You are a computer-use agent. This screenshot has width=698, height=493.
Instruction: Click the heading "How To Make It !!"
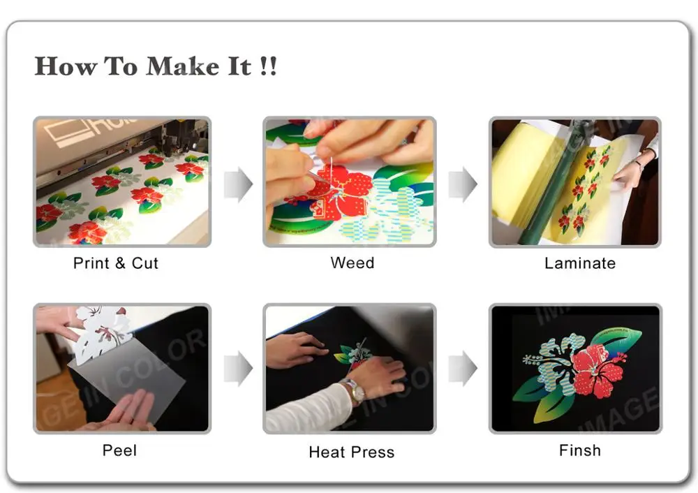(156, 66)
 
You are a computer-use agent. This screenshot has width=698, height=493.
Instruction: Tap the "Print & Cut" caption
(116, 263)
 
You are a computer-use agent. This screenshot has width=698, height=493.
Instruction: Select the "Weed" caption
(352, 263)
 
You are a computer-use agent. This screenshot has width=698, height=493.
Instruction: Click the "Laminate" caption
(579, 263)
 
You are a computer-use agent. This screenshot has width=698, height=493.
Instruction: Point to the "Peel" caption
(119, 450)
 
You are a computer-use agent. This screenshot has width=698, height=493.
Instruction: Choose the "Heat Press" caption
(351, 452)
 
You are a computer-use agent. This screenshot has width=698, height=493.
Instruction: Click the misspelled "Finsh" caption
(579, 450)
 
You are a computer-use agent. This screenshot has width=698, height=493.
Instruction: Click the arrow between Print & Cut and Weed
(238, 184)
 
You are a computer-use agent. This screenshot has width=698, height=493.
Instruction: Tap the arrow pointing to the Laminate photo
(462, 184)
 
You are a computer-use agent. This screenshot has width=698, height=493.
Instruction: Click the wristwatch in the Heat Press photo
(355, 391)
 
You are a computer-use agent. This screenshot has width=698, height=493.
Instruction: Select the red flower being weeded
(342, 192)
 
